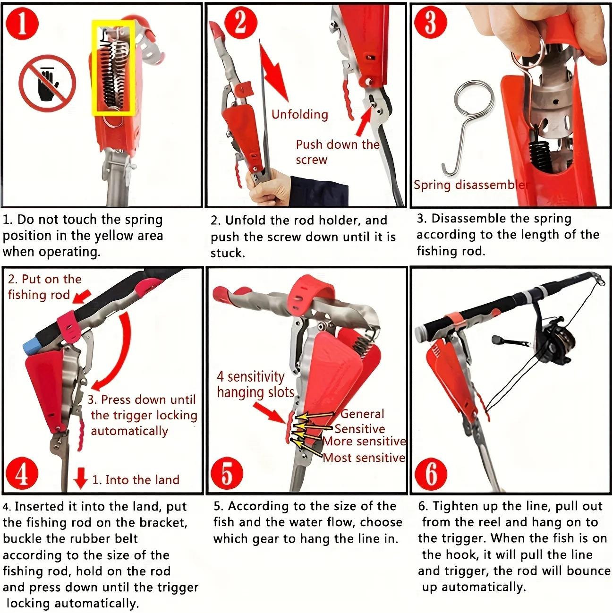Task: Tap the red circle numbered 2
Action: coord(240,23)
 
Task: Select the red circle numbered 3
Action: coord(430,22)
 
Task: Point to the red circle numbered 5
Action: coord(227,474)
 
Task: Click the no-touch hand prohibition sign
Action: coord(48,83)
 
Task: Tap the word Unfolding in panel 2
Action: coord(299,114)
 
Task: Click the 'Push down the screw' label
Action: coord(337,152)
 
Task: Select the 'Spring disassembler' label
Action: coord(471,185)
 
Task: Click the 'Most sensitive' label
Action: coord(364,457)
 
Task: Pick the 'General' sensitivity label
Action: coord(362,414)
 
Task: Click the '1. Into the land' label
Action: coord(136,480)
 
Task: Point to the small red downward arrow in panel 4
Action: coord(81,478)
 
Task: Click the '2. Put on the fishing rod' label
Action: coord(44,287)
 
